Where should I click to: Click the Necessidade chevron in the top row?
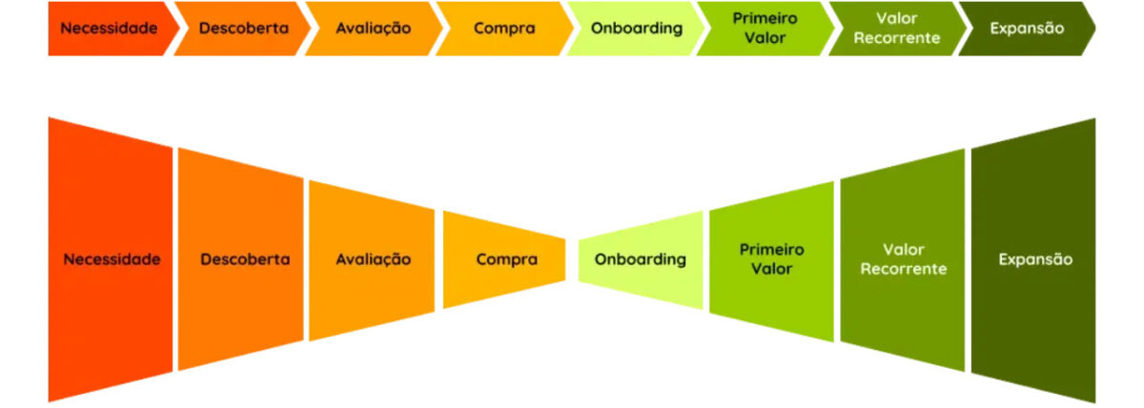tap(108, 28)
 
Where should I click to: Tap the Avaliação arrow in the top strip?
tap(373, 28)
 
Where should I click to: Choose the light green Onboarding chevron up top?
tap(636, 28)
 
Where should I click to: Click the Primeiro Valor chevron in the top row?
tap(766, 28)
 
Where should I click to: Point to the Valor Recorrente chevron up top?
tap(896, 28)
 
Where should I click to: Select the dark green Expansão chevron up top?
tap(1026, 28)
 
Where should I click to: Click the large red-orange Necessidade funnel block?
tap(111, 258)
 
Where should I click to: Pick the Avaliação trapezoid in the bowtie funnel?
tap(372, 258)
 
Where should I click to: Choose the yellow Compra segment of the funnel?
tap(505, 258)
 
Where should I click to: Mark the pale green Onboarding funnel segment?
tap(640, 259)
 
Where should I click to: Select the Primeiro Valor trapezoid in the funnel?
tap(771, 259)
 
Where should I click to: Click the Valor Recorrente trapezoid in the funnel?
tap(903, 259)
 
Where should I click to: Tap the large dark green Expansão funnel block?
tap(1034, 259)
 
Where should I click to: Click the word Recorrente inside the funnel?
tap(904, 269)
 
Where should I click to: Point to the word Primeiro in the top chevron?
tap(766, 19)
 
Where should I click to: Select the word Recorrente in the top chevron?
tap(897, 38)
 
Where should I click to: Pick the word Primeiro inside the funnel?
tap(772, 250)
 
